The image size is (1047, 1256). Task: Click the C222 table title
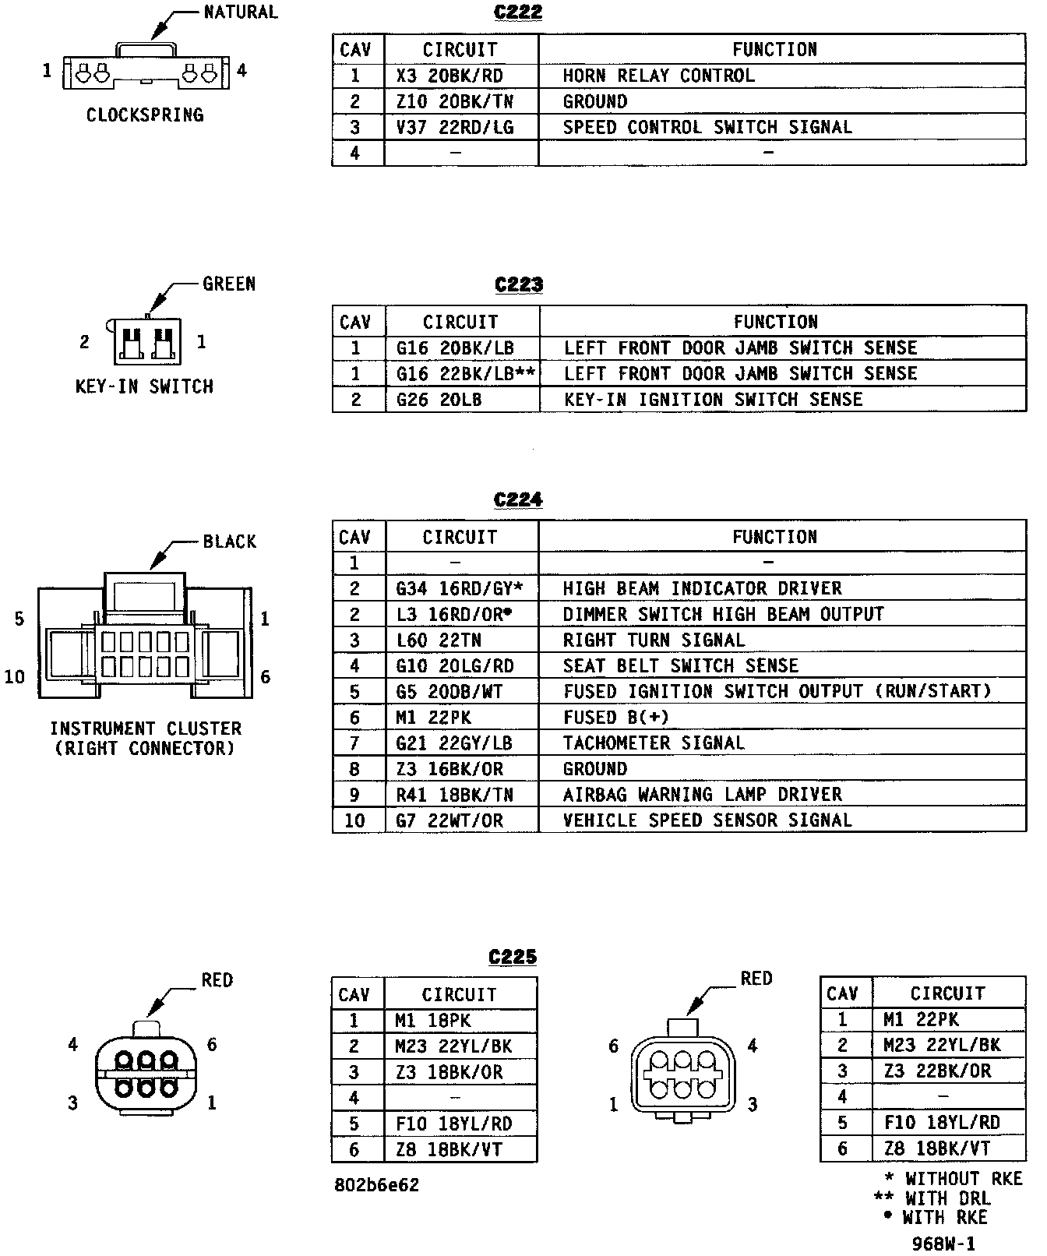(518, 13)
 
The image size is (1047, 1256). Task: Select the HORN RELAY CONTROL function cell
(658, 76)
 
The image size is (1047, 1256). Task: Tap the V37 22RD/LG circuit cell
(455, 127)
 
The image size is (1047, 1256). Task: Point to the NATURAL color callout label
(240, 12)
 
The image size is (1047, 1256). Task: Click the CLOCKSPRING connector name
(145, 115)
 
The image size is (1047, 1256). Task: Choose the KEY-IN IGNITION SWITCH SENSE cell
(713, 400)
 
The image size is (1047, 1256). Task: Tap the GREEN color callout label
(229, 284)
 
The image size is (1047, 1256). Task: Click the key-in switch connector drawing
(146, 341)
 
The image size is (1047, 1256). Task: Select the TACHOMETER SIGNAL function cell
(654, 743)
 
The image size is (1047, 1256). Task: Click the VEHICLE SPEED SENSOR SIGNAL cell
(707, 820)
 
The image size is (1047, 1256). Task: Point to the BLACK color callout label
(230, 542)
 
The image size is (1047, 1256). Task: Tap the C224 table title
(518, 500)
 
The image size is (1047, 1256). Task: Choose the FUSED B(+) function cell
(615, 718)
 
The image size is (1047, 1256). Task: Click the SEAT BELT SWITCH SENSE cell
(681, 666)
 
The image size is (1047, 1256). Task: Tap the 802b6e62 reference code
(377, 1186)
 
